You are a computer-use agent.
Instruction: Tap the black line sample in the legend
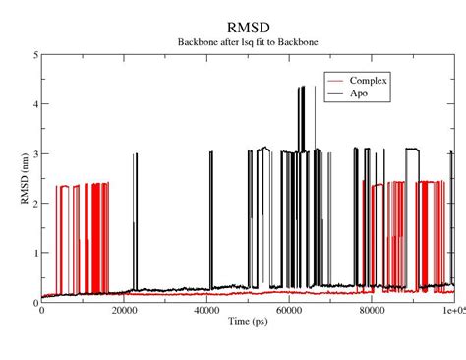[x=338, y=93]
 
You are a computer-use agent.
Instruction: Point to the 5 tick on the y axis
[x=34, y=55]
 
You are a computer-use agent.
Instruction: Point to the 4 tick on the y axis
[x=34, y=104]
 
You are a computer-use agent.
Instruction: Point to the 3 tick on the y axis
[x=34, y=154]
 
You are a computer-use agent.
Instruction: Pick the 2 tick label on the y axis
[x=34, y=204]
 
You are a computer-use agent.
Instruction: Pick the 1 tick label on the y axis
[x=34, y=253]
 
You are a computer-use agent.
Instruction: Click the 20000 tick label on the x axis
[x=123, y=312]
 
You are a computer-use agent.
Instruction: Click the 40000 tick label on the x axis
[x=205, y=312]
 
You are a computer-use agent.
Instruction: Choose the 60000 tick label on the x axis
[x=288, y=312]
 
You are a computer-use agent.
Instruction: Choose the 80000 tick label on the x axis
[x=371, y=312]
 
